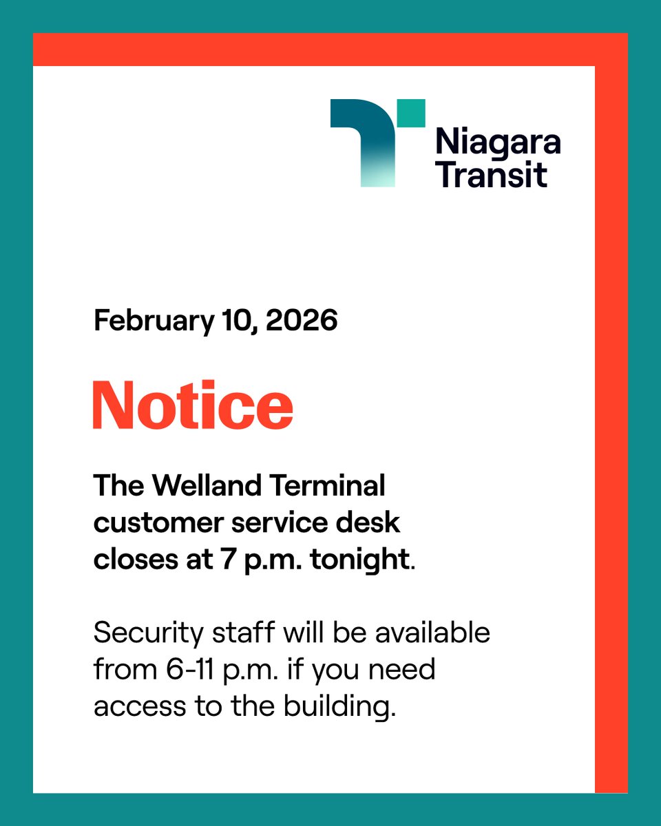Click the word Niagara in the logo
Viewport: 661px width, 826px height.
[498, 143]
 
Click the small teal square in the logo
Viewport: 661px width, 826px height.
[412, 113]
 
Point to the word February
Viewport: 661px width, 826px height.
[154, 321]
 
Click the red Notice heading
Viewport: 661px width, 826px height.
[193, 405]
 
